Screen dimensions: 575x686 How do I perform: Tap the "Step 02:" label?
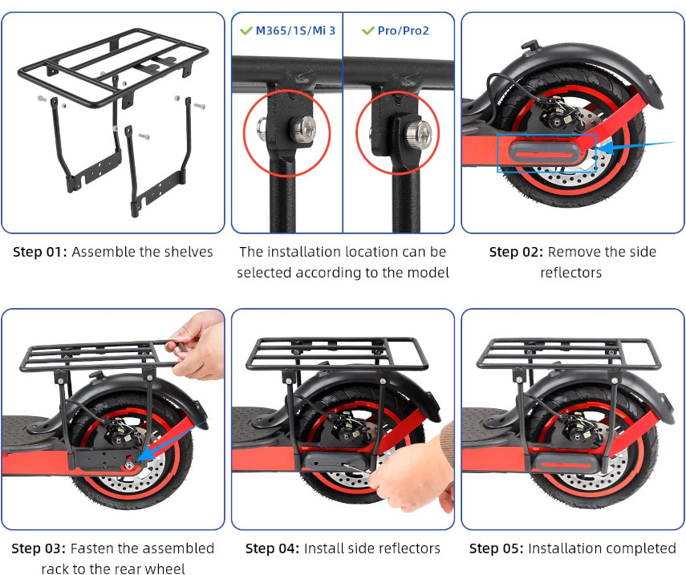click(516, 252)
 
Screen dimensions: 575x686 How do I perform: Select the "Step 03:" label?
click(38, 549)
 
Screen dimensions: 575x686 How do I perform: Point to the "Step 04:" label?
click(272, 549)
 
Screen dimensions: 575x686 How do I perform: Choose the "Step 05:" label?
click(496, 549)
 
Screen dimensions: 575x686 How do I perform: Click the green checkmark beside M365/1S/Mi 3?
click(246, 30)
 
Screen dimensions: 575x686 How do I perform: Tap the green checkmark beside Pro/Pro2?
click(368, 30)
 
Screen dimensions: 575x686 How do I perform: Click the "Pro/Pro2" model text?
click(404, 30)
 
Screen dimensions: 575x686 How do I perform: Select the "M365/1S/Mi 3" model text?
click(295, 30)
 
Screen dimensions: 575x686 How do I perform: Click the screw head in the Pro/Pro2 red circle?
click(418, 132)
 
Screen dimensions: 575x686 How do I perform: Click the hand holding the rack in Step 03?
click(197, 345)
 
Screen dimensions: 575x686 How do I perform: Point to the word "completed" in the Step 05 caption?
click(642, 549)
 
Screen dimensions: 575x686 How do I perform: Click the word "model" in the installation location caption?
click(428, 273)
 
